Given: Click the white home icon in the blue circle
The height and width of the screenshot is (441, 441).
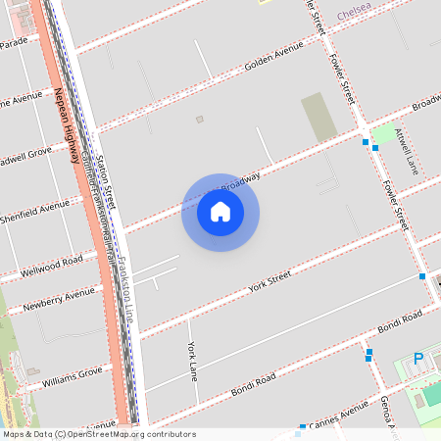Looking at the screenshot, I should [220, 212].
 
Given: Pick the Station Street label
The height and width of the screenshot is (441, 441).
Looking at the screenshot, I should [105, 177].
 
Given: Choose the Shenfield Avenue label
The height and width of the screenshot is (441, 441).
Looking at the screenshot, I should [33, 210].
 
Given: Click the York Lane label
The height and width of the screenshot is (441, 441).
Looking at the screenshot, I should [193, 362].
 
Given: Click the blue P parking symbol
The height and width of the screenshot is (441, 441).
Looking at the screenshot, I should [418, 360].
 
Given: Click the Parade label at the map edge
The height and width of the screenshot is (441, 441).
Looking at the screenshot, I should [14, 43].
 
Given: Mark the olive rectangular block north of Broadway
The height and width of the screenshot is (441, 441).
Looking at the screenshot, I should [318, 116].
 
